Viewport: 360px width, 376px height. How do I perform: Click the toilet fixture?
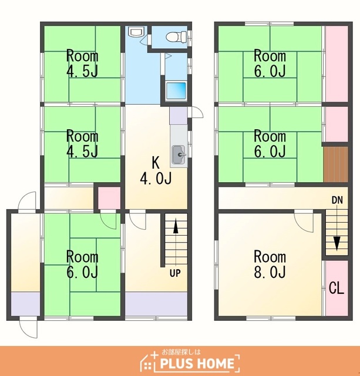coord(177,36)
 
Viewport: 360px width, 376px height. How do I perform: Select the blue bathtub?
coord(176,90)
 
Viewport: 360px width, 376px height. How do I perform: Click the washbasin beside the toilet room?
coord(136,31)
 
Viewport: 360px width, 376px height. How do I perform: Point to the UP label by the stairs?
coord(175,273)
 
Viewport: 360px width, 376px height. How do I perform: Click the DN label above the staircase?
coord(337,200)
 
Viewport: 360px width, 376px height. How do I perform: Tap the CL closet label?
coord(337,288)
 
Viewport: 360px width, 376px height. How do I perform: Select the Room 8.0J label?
coord(270,264)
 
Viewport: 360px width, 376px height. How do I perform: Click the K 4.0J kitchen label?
coord(156,171)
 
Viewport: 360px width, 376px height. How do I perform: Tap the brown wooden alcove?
coord(335,164)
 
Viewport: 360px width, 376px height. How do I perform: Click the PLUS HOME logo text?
coord(197,363)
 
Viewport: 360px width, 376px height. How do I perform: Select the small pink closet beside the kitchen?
coord(109,198)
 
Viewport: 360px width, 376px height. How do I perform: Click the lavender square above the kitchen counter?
coord(179,116)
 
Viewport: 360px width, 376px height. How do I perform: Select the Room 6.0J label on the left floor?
coord(82,264)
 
